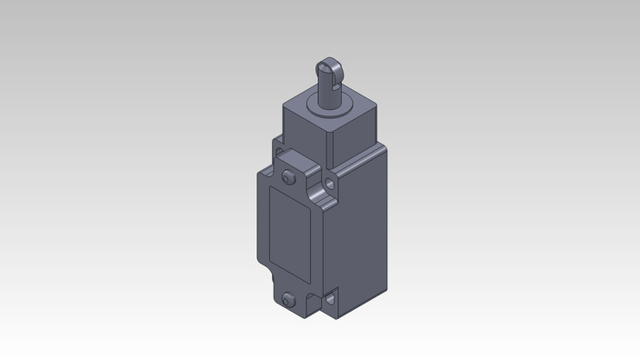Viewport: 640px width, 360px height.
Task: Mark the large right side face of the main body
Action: pos(359,236)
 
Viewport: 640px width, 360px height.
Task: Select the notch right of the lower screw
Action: pos(315,300)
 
